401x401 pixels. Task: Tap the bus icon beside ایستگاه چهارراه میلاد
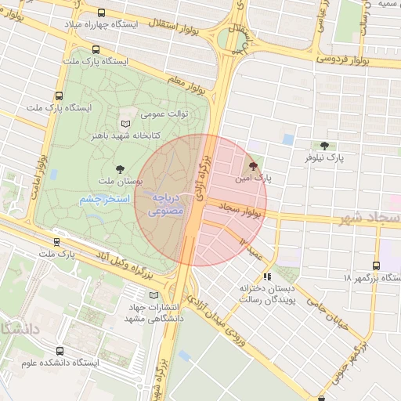103,13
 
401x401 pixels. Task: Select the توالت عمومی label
164,114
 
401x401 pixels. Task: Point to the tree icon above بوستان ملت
119,168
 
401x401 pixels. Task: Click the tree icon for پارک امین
252,166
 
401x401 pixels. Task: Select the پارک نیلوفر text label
325,159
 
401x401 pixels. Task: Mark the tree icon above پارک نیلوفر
324,146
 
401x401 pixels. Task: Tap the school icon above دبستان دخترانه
267,276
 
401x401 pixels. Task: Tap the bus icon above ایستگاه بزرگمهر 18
376,265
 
